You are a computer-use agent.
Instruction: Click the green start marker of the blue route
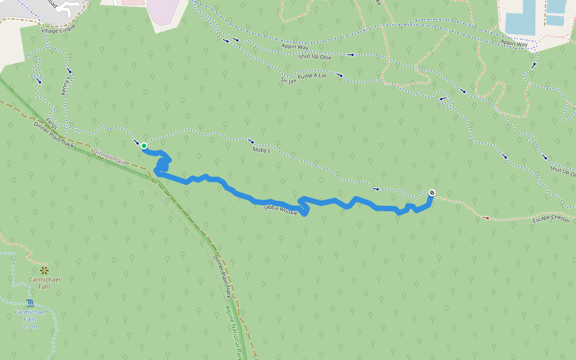tap(144, 145)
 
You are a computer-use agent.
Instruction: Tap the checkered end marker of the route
tap(431, 193)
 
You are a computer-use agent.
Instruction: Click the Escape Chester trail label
tap(551, 220)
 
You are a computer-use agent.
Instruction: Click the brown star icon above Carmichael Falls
tap(44, 270)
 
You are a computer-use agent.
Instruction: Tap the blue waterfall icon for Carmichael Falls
tap(30, 303)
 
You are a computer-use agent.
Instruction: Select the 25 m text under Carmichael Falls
tap(30, 326)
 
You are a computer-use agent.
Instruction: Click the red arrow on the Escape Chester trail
tap(486, 218)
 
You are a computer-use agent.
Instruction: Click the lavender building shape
tap(165, 11)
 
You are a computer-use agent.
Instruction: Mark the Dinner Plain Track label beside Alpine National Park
tap(223, 277)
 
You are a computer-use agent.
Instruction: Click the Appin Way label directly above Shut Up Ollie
tap(294, 46)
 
